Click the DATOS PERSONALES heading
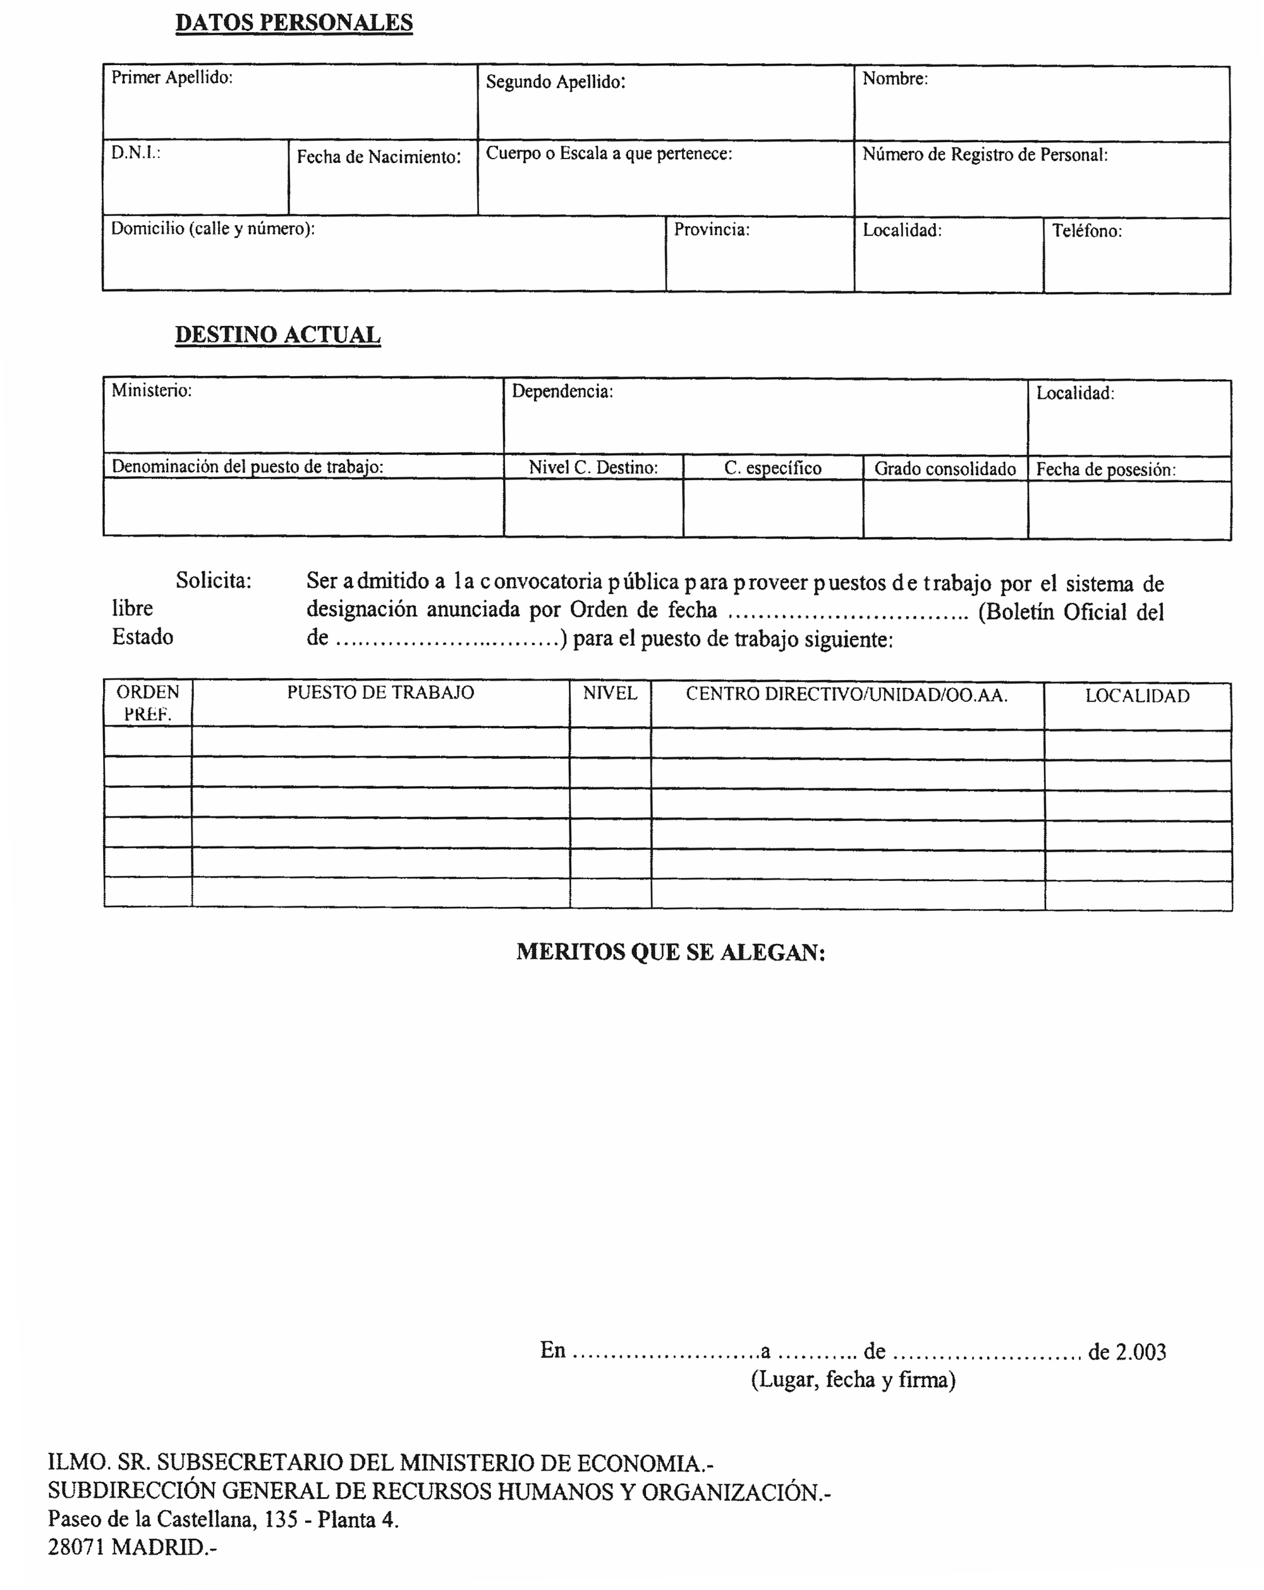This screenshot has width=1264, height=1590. [293, 23]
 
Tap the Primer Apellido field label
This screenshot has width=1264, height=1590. [171, 78]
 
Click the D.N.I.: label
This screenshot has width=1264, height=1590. [136, 153]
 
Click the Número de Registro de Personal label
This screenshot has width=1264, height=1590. [985, 155]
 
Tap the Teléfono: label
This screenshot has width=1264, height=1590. [1086, 231]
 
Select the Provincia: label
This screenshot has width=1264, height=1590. [711, 229]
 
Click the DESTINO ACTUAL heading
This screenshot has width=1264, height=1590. [277, 335]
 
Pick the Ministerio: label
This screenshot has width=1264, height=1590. [151, 390]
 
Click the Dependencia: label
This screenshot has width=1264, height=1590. [562, 392]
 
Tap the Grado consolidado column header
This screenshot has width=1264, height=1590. [945, 469]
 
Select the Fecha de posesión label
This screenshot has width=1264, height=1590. [1105, 470]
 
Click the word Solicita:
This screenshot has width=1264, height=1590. [213, 581]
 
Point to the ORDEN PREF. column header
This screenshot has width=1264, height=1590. [147, 703]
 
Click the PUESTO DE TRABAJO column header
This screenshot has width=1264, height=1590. [380, 693]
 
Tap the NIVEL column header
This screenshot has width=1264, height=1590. [609, 693]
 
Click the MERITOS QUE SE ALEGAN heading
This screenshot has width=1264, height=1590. [671, 952]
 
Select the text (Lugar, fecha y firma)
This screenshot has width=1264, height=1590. [853, 1380]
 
